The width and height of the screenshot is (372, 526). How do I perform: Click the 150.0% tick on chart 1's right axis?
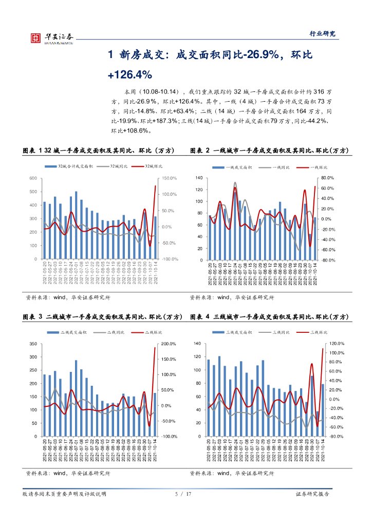(x=170, y=178)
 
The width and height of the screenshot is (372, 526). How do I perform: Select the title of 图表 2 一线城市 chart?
(x=269, y=151)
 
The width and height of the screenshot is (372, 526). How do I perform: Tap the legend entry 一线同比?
(x=277, y=167)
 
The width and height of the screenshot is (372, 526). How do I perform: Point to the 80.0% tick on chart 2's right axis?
(x=328, y=178)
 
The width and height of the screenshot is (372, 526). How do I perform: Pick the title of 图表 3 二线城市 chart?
(x=100, y=317)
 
